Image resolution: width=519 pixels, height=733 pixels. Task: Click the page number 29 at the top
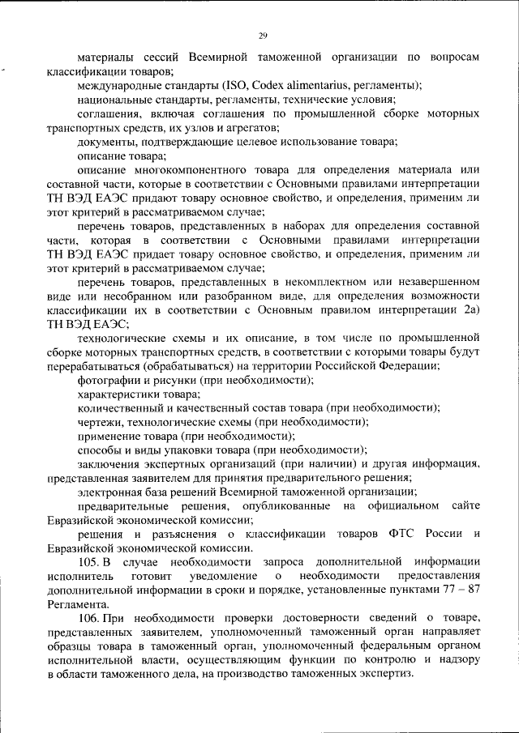tap(263, 35)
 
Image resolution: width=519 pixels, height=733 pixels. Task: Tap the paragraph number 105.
tap(88, 561)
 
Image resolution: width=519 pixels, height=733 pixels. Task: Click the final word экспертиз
tap(387, 674)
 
